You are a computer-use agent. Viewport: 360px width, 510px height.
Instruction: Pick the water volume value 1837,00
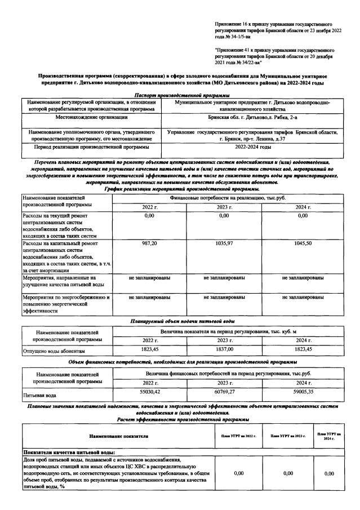coord(224,350)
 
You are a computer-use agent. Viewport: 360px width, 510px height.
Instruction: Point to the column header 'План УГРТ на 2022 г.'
coord(235,436)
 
